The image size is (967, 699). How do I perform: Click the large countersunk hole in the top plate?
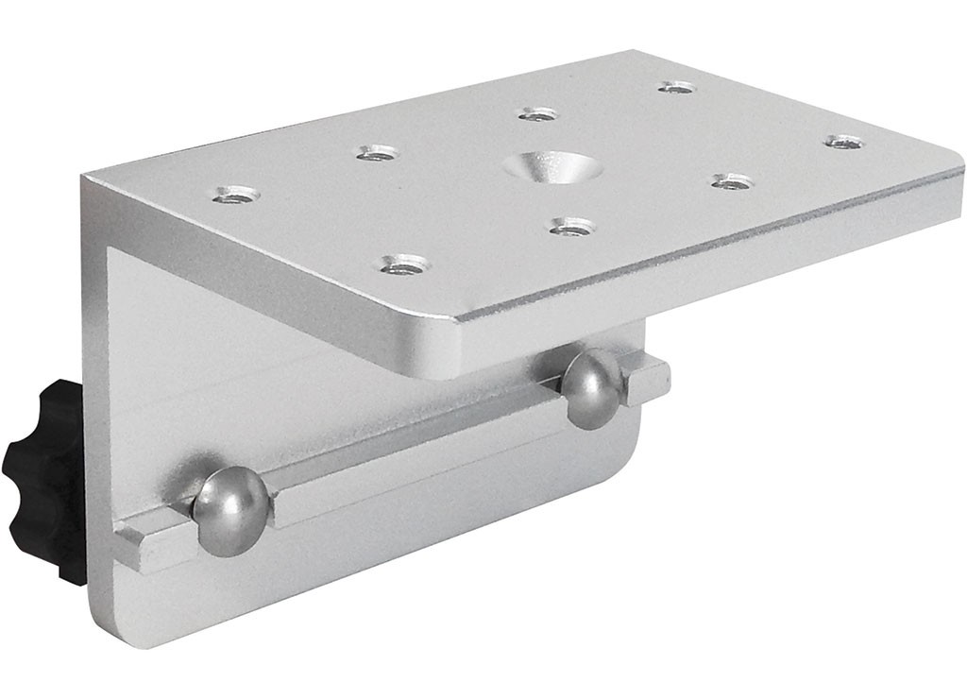click(x=553, y=168)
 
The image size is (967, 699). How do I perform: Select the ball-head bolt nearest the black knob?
click(x=230, y=509)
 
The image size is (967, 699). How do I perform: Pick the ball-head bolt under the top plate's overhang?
click(x=592, y=386)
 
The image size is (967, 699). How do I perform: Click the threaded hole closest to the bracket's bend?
click(x=236, y=195)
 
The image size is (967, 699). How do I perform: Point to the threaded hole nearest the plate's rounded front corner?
click(x=405, y=264)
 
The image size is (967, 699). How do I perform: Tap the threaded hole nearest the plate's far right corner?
click(x=844, y=143)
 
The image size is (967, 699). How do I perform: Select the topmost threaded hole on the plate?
click(x=677, y=88)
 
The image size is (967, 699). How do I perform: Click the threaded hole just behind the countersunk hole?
click(x=538, y=115)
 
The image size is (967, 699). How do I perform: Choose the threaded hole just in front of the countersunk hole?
click(x=572, y=227)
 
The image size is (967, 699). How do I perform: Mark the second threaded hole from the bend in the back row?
click(x=378, y=153)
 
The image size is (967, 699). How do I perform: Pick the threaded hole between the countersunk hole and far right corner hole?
click(x=733, y=181)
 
